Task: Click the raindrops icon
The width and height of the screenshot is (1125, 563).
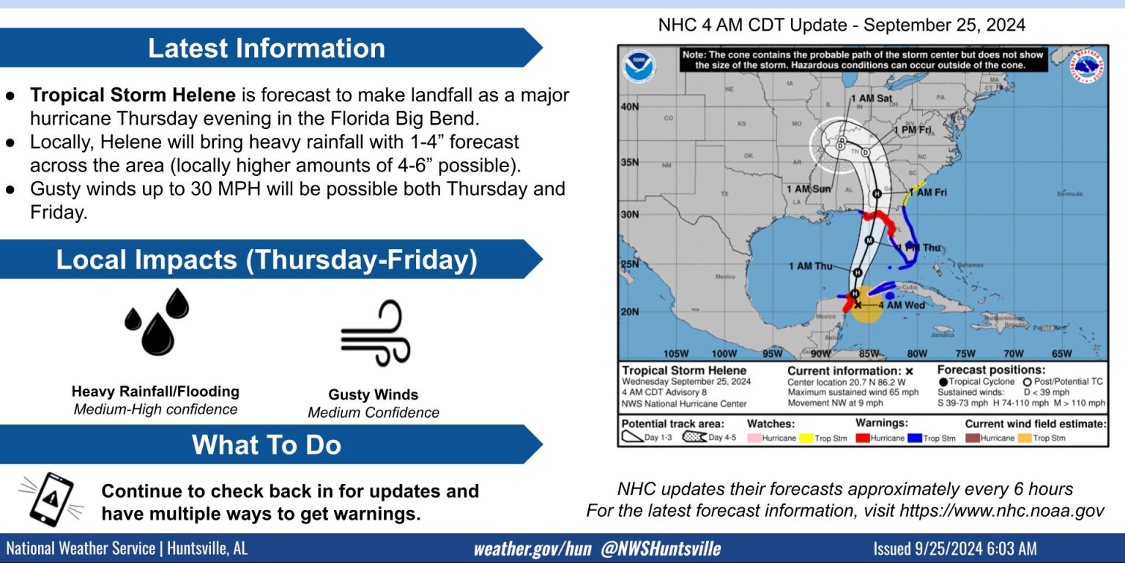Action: (x=156, y=322)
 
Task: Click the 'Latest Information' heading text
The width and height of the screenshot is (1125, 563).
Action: (x=267, y=48)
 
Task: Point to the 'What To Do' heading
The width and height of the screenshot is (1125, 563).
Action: (x=267, y=445)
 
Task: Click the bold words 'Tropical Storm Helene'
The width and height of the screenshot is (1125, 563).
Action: (x=133, y=95)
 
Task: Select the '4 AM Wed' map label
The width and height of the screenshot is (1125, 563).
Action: (x=901, y=305)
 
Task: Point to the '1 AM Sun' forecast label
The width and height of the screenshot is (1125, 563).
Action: (x=809, y=189)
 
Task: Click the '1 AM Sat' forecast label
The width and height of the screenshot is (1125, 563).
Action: (x=871, y=98)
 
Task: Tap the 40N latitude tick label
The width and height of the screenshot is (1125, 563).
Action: (x=629, y=106)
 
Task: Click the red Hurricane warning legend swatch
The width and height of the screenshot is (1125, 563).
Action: (x=862, y=438)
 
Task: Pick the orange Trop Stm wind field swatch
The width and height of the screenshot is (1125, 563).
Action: (x=1024, y=438)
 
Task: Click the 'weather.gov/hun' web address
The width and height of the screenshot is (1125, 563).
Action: (x=532, y=549)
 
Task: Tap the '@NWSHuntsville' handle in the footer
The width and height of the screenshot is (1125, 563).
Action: (x=661, y=549)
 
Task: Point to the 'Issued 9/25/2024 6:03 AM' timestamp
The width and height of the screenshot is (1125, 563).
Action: (x=954, y=549)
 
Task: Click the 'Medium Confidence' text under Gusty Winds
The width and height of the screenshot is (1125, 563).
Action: (x=374, y=413)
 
